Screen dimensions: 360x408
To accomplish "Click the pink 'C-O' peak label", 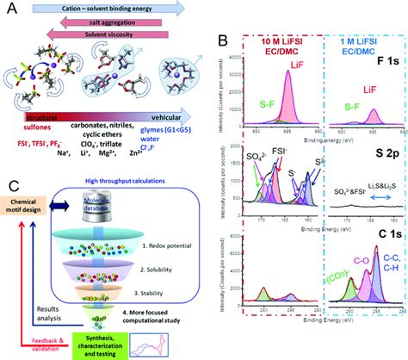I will click(356, 278).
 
